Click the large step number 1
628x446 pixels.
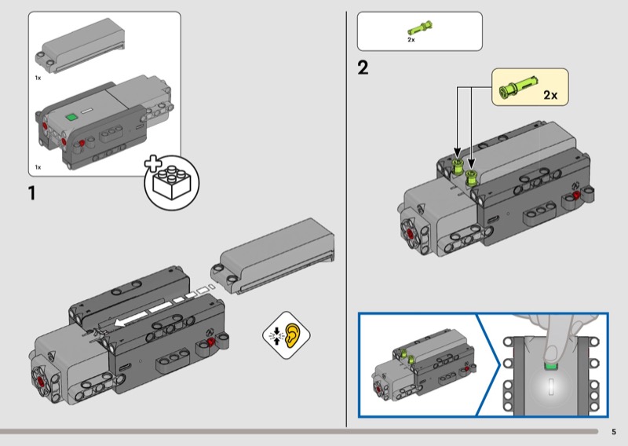point(31,192)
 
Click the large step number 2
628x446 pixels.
point(363,68)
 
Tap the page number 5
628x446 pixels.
point(614,432)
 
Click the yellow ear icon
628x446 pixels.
point(292,335)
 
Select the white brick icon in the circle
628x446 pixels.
point(172,182)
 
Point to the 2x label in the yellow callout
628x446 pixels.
point(550,95)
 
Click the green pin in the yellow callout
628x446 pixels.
point(518,86)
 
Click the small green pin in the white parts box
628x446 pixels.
point(420,28)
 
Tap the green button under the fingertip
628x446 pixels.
point(551,366)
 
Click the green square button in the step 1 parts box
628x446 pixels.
point(71,117)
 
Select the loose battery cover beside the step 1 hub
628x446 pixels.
point(272,257)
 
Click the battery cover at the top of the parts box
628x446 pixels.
point(80,46)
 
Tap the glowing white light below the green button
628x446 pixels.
point(551,386)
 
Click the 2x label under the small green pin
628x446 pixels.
point(411,40)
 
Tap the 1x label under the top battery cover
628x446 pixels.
point(38,78)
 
